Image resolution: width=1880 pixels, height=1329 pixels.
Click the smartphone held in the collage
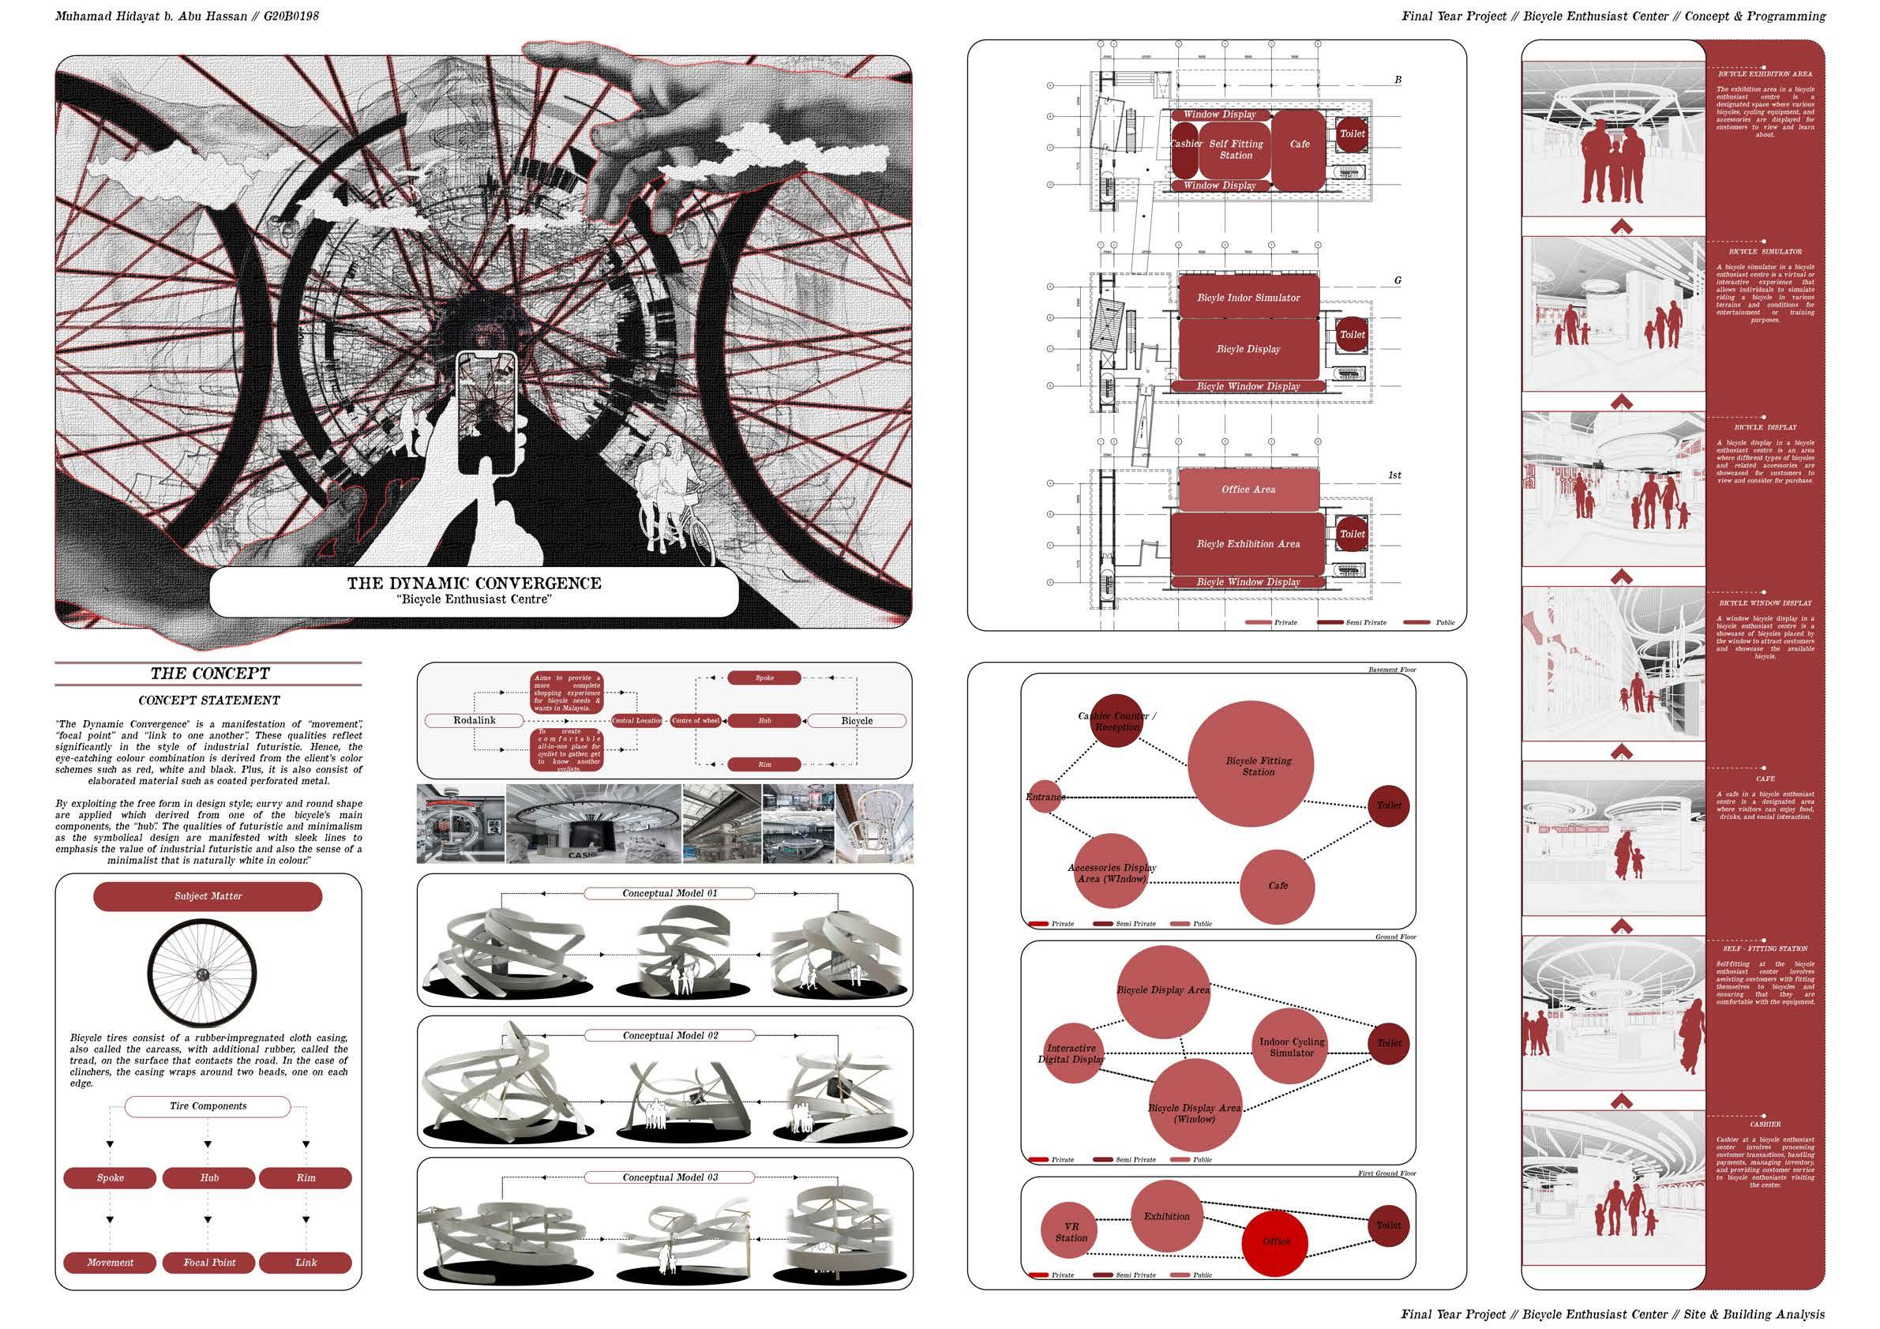(486, 412)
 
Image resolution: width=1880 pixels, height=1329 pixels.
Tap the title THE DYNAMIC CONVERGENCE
(474, 583)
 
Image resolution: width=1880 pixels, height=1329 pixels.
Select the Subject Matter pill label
(208, 895)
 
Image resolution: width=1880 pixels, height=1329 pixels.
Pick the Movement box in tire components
(110, 1262)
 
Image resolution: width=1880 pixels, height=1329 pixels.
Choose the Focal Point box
(208, 1262)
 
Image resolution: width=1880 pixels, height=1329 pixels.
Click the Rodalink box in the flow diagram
(475, 721)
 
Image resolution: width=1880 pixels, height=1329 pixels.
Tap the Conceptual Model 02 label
(670, 1035)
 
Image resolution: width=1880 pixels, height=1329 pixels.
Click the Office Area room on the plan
(1248, 490)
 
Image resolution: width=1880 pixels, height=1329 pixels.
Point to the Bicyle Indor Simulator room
(1248, 298)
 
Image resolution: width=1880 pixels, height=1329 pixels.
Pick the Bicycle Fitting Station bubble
(1251, 766)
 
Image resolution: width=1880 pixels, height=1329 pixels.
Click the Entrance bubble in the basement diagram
(1044, 797)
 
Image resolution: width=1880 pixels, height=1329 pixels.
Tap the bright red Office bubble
(1276, 1241)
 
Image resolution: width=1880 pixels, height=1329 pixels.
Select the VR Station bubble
(1069, 1233)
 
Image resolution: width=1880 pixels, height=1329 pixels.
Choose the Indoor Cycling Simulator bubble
(1291, 1047)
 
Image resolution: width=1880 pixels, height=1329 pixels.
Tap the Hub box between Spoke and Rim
(208, 1177)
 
